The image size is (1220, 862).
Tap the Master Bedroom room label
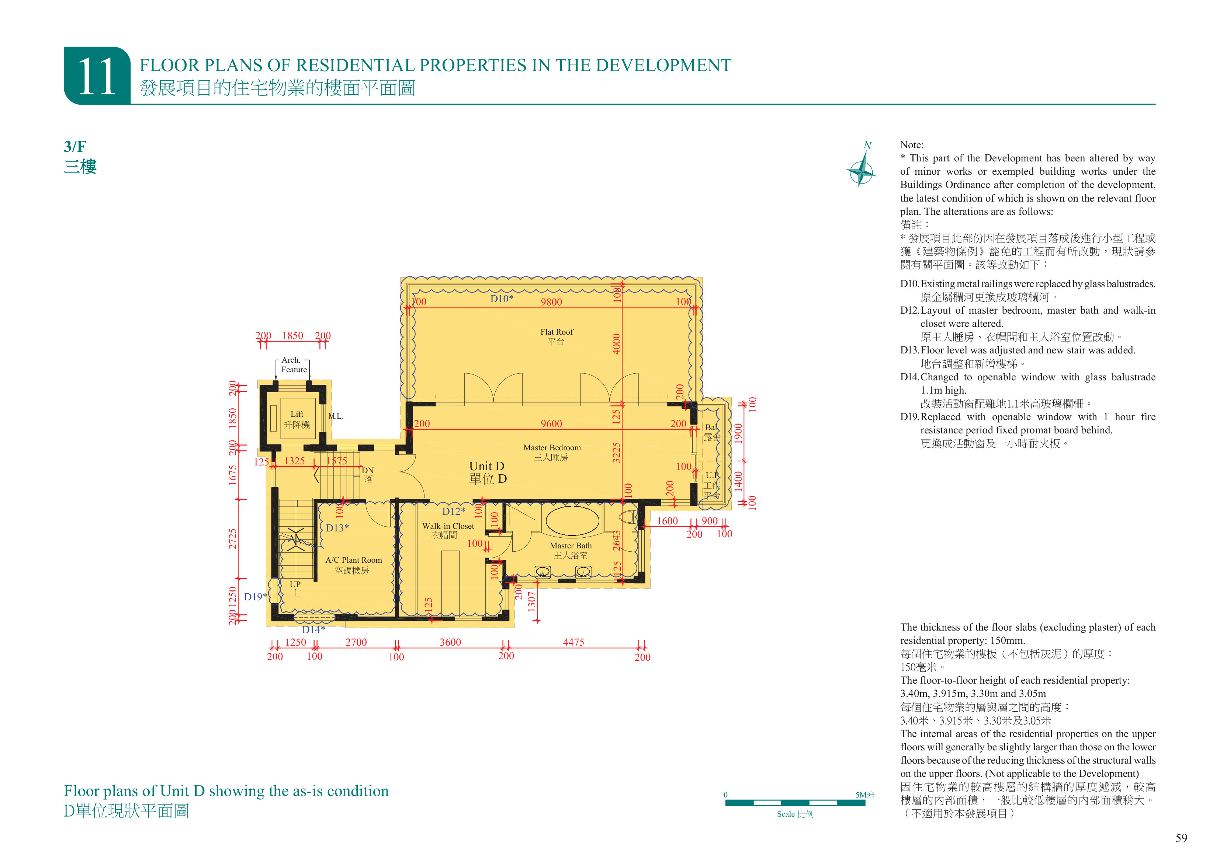(x=552, y=452)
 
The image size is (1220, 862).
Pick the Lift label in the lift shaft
(x=297, y=419)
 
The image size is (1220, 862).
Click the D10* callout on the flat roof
(x=502, y=299)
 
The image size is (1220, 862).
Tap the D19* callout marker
(x=256, y=596)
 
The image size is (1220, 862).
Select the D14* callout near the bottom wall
(x=313, y=629)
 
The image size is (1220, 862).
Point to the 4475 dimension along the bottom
(x=573, y=642)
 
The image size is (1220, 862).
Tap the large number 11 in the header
(x=97, y=77)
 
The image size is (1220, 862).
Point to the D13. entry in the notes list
(x=910, y=350)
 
